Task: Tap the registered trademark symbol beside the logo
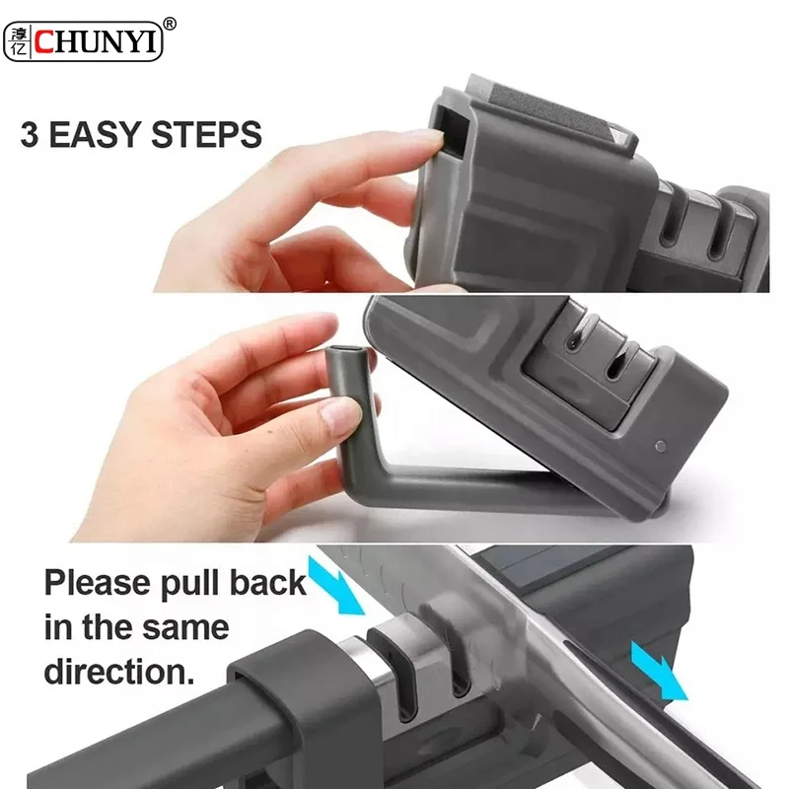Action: (x=170, y=22)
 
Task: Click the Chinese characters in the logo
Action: (x=19, y=40)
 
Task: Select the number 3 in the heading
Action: (x=31, y=134)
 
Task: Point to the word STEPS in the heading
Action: (x=207, y=134)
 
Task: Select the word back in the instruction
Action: (x=267, y=582)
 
